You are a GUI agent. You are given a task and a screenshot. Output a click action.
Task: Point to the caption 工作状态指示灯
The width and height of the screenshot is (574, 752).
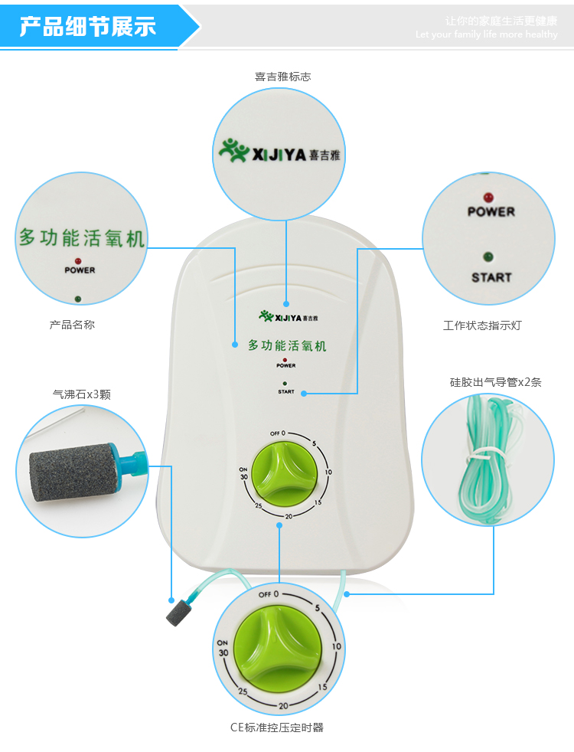(x=482, y=325)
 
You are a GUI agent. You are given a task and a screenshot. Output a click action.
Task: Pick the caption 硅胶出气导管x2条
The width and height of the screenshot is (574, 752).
(x=495, y=381)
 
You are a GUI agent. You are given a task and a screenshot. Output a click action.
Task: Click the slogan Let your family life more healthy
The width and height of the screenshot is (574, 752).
(x=487, y=34)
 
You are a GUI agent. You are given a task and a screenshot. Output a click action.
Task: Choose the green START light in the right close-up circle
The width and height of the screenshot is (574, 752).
(x=489, y=257)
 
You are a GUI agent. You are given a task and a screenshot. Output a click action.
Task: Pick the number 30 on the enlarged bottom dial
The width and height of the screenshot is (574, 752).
(x=223, y=652)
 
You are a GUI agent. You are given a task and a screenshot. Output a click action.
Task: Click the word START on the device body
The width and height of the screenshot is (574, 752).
(x=286, y=391)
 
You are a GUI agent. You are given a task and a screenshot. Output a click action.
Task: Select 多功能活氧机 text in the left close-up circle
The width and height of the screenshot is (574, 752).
(x=81, y=237)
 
